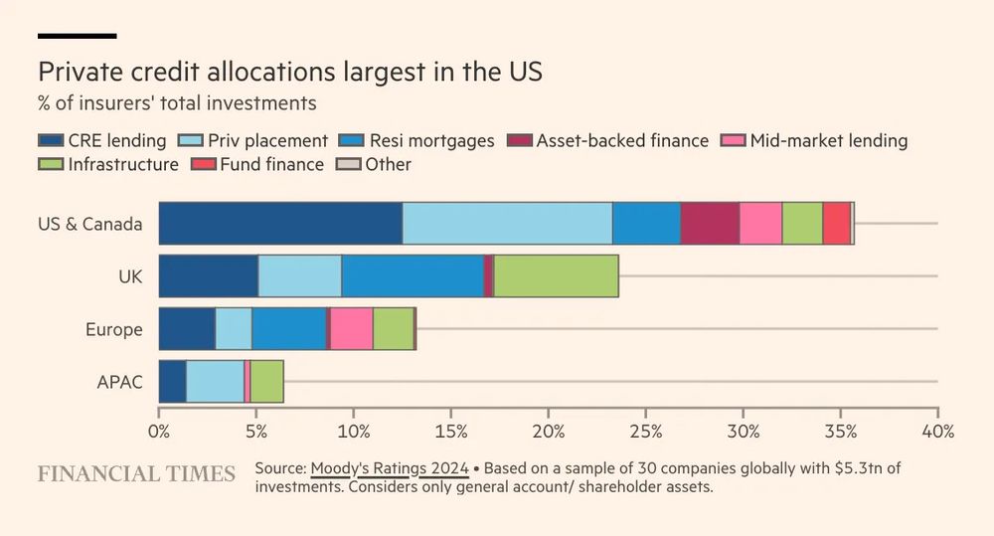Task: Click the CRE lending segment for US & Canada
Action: coord(280,223)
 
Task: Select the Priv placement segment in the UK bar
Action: coord(299,275)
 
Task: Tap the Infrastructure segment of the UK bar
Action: coord(556,275)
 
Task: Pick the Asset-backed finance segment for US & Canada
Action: coord(710,223)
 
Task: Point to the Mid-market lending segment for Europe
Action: coord(351,329)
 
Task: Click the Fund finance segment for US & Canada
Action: coord(836,223)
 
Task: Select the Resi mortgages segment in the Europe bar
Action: coord(288,329)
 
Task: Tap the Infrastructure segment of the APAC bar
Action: coord(266,382)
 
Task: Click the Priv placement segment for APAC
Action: coord(215,382)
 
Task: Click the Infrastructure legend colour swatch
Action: coord(51,164)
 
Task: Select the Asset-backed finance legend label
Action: coord(622,140)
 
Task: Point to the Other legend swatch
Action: coord(348,164)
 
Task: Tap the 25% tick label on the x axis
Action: coord(645,432)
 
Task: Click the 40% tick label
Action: coord(937,432)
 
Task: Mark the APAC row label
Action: coord(120,382)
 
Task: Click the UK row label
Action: coord(130,275)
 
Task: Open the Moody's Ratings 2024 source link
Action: coord(389,467)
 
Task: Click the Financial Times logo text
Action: coord(136,473)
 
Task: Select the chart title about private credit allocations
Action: coord(291,73)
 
